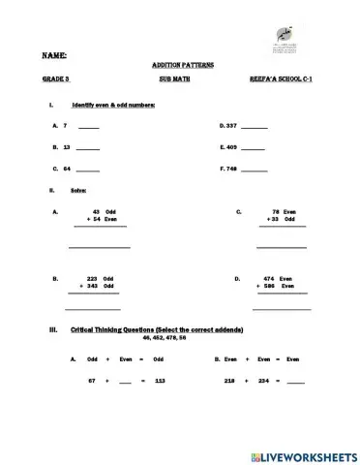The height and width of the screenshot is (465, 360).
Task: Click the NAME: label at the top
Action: click(x=54, y=57)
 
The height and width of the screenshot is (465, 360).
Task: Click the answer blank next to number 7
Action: click(x=88, y=128)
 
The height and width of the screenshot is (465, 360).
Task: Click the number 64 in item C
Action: click(x=67, y=170)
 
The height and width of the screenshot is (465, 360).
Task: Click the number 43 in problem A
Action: click(x=96, y=211)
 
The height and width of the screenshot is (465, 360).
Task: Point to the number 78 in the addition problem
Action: click(x=275, y=211)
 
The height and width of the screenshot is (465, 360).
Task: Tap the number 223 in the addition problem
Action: click(x=93, y=278)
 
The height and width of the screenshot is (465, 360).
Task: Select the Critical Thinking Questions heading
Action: click(x=158, y=330)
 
